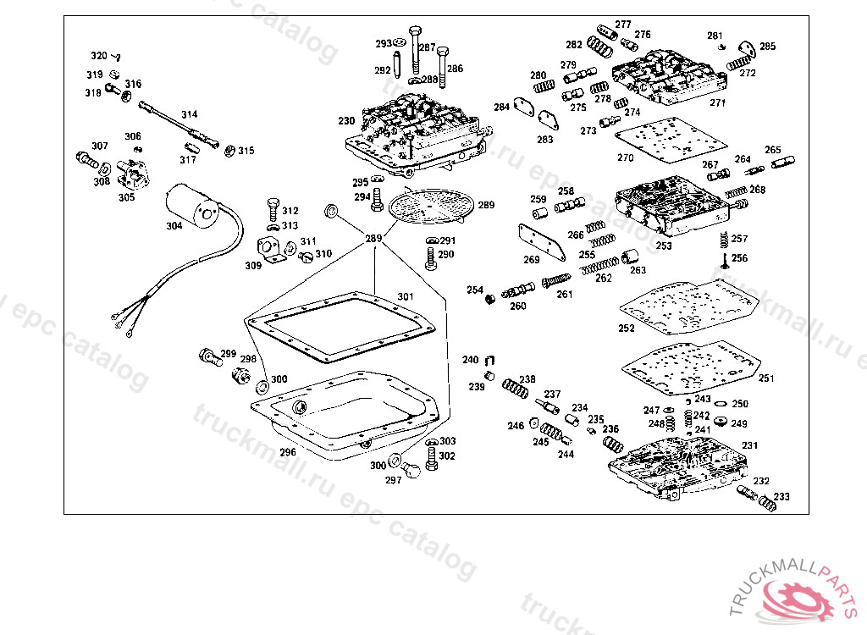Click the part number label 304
coord(174,226)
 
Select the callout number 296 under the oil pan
coord(288,452)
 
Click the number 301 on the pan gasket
coord(406,296)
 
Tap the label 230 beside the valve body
coord(346,120)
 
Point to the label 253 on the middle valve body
coord(664,246)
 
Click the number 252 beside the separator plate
coord(627,329)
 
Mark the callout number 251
coord(765,378)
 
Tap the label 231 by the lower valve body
coord(750,445)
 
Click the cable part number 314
coord(189,114)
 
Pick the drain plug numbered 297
coord(414,471)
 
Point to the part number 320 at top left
coord(99,56)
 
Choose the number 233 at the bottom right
coord(781,497)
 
